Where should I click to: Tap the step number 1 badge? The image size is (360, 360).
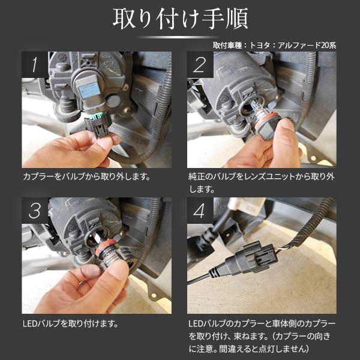click(35, 65)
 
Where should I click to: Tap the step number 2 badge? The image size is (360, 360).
click(200, 65)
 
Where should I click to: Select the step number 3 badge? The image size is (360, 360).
click(35, 211)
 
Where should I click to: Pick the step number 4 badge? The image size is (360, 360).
click(200, 211)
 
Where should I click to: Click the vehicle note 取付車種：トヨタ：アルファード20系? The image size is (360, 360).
click(281, 45)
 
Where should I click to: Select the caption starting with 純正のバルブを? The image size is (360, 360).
click(261, 183)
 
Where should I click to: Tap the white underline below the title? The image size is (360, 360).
click(179, 37)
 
